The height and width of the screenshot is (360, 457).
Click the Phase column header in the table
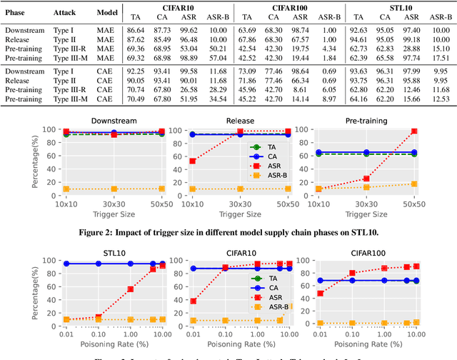point(16,13)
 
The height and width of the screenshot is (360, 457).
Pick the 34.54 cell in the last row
point(219,100)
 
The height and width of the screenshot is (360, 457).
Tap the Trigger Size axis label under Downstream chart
point(115,212)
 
